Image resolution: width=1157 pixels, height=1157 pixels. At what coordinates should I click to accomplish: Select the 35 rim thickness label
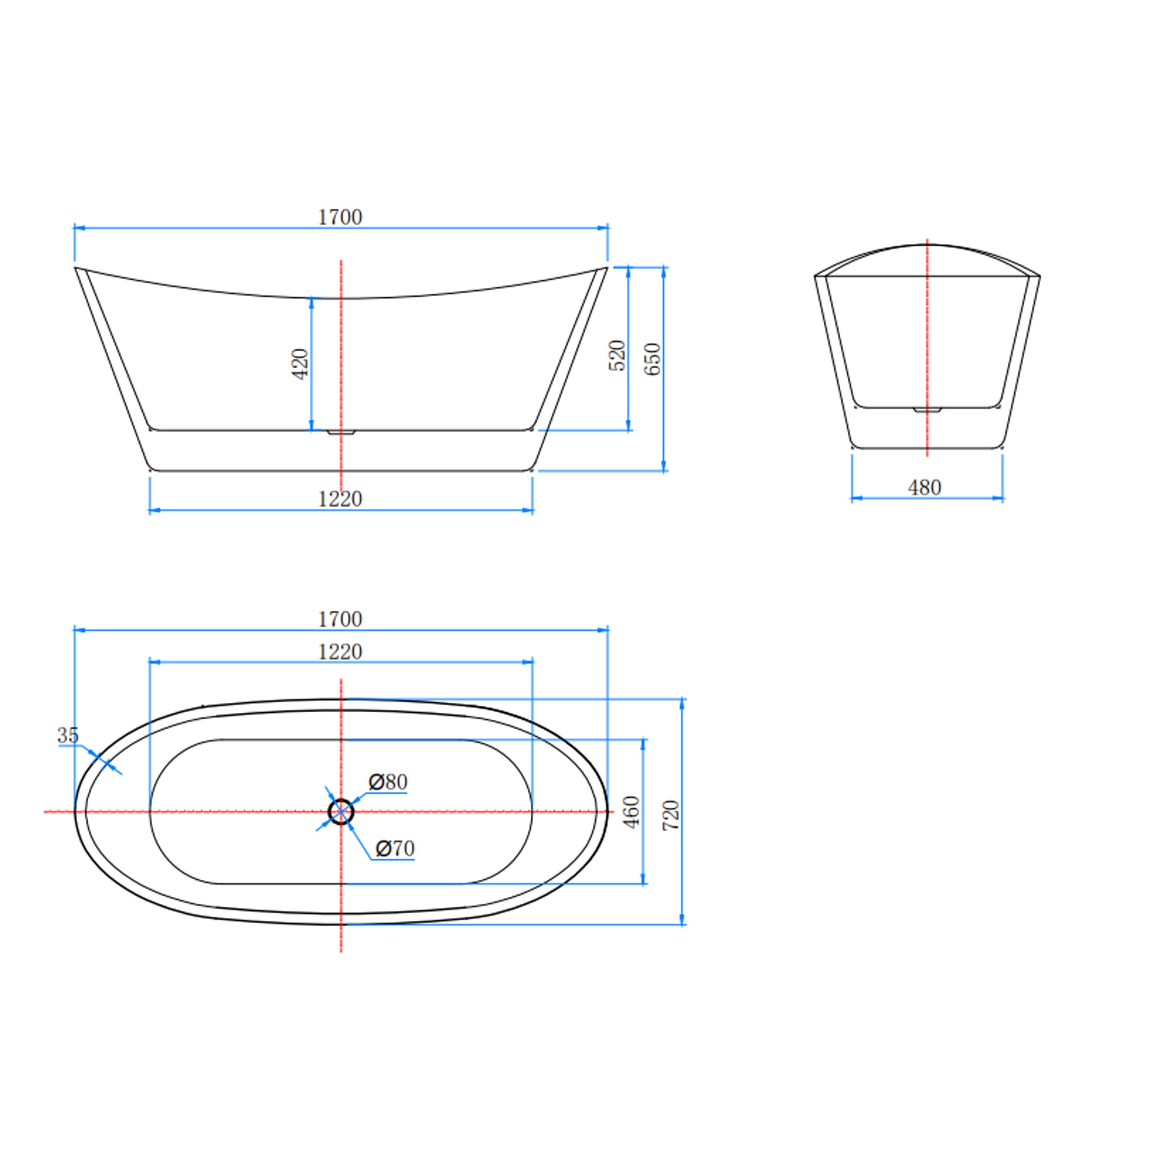point(67,735)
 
